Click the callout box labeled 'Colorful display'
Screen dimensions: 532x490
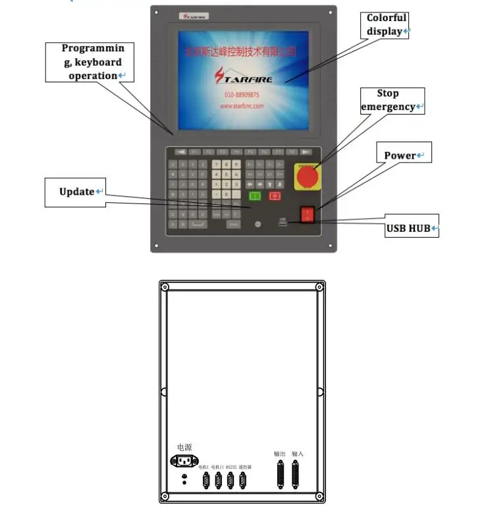[387, 24]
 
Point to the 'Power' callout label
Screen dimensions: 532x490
[403, 155]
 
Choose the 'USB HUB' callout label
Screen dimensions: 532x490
[411, 228]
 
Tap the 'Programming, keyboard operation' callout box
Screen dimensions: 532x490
[90, 62]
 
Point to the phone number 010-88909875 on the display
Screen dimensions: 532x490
[243, 95]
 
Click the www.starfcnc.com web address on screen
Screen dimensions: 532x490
[242, 105]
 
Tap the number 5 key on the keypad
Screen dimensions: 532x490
[227, 174]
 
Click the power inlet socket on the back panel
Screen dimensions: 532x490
[184, 461]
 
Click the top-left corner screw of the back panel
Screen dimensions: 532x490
[165, 287]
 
